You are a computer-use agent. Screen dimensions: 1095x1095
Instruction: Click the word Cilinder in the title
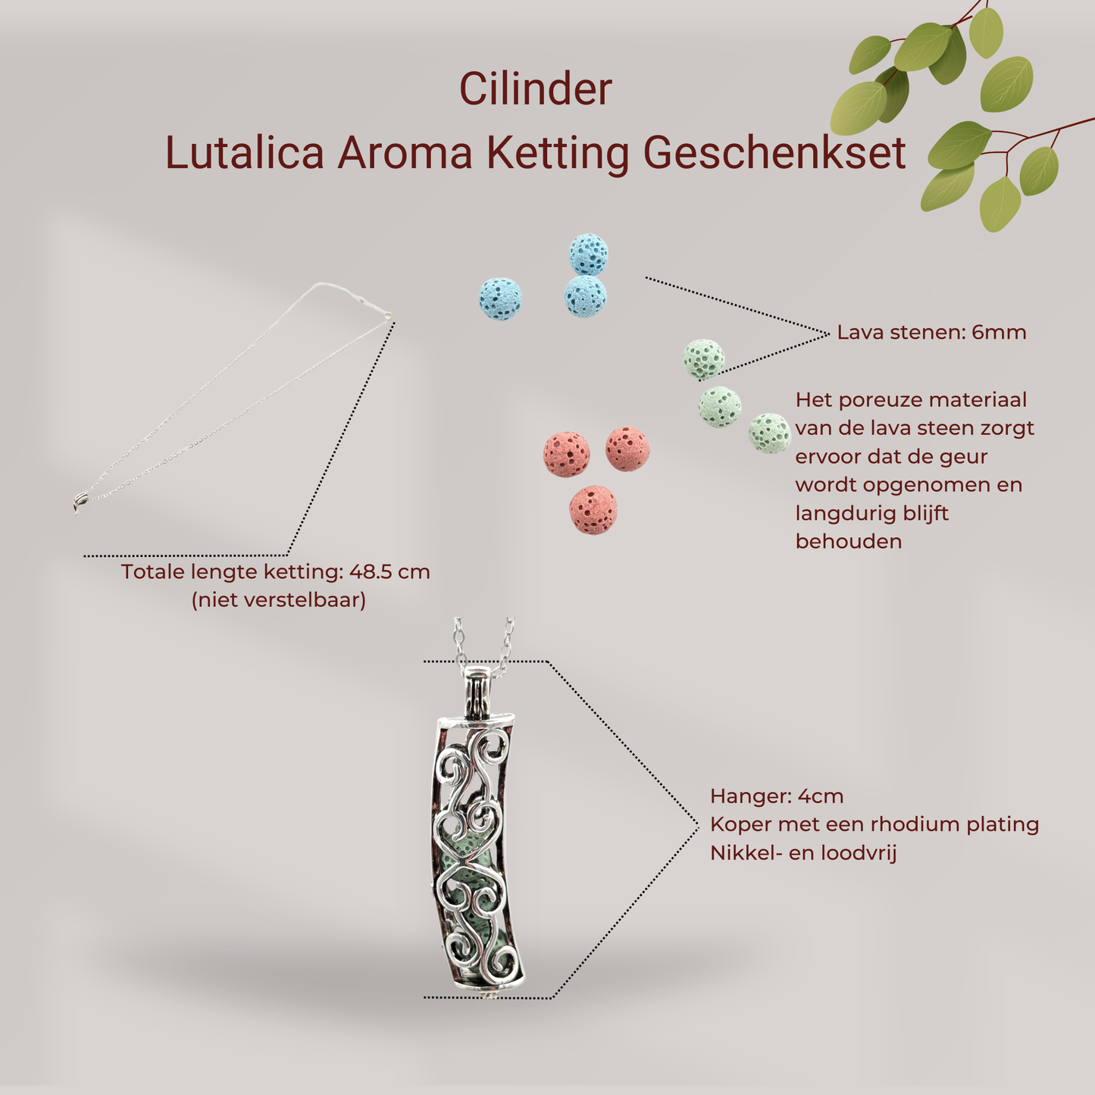(535, 89)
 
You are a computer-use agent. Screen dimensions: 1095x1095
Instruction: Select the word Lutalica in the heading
(245, 152)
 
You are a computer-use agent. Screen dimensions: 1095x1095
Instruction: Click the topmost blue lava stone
(589, 254)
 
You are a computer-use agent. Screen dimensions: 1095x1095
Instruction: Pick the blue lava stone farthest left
(500, 299)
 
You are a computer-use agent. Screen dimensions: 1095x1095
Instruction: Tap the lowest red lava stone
(593, 510)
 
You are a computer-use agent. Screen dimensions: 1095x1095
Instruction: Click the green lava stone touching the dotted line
(703, 358)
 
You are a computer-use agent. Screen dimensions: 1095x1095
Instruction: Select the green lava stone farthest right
(769, 433)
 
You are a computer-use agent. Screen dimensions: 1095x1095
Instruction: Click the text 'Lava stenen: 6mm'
(931, 333)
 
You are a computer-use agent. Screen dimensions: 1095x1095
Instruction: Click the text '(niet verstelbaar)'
(279, 600)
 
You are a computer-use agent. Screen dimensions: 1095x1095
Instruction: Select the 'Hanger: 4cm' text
(777, 796)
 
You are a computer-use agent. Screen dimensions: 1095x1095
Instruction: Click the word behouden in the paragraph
(849, 542)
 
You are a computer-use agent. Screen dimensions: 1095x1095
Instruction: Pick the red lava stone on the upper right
(627, 449)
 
